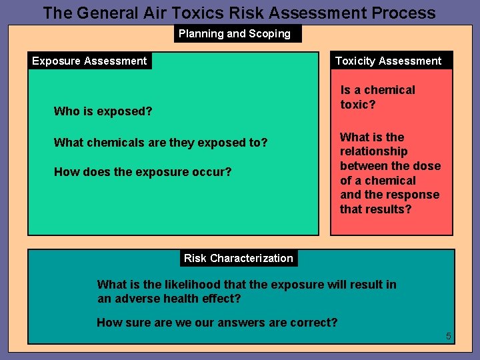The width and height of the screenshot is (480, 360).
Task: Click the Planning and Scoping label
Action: pyautogui.click(x=235, y=33)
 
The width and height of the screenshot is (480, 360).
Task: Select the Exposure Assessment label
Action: pyautogui.click(x=89, y=61)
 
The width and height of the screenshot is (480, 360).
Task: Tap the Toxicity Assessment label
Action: pyautogui.click(x=388, y=61)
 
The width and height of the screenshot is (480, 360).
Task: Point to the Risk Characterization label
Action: pyautogui.click(x=238, y=258)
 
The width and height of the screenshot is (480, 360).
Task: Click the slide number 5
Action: pyautogui.click(x=449, y=336)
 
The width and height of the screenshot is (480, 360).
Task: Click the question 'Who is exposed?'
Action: pyautogui.click(x=103, y=111)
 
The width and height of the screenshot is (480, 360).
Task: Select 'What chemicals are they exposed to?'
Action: pyautogui.click(x=161, y=142)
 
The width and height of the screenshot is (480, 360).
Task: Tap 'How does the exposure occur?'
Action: pyautogui.click(x=143, y=172)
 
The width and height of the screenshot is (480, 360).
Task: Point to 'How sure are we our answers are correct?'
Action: pyautogui.click(x=217, y=323)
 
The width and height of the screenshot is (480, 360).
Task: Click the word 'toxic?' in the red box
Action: pyautogui.click(x=359, y=105)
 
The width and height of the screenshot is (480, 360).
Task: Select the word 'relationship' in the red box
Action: pyautogui.click(x=373, y=151)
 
